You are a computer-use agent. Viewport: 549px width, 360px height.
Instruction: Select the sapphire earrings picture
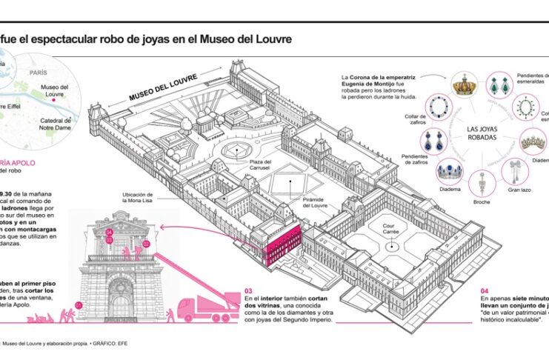tap(433, 141)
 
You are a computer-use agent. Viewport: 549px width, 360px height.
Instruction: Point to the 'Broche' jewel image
tap(482, 181)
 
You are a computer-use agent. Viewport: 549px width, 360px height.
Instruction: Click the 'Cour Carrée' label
tap(392, 230)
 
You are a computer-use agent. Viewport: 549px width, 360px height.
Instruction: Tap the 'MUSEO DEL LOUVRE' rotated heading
tap(159, 88)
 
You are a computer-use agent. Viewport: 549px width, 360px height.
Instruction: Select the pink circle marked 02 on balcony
tap(146, 243)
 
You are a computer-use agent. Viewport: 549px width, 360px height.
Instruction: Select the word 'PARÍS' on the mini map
tap(39, 74)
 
